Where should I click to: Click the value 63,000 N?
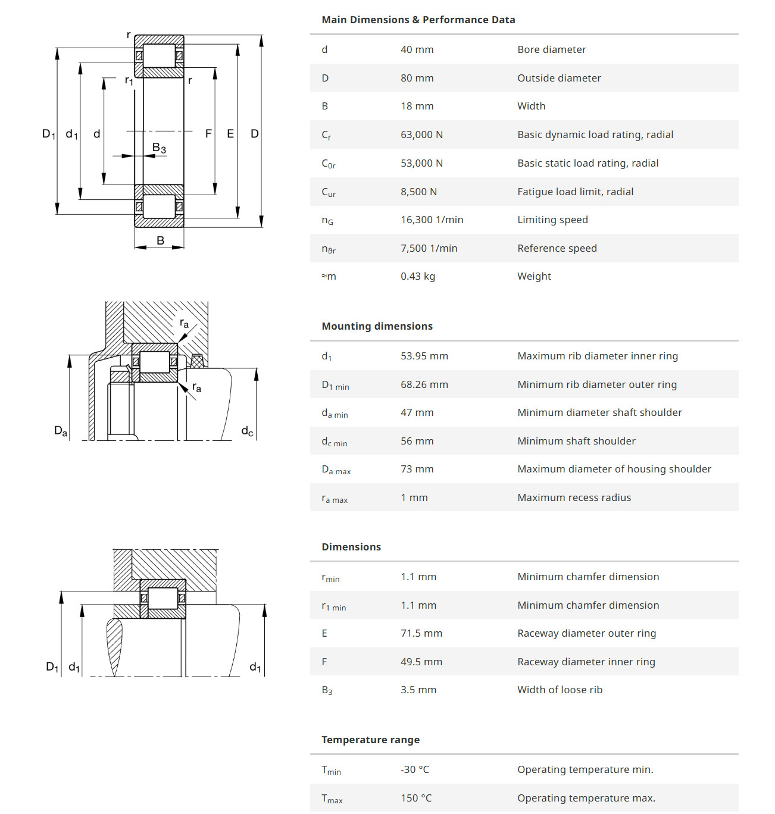[x=421, y=134]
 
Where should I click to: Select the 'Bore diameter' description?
[x=551, y=49]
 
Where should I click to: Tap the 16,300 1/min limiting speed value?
[x=432, y=220]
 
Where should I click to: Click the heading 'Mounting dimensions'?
[x=377, y=326]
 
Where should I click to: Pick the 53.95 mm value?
[x=424, y=356]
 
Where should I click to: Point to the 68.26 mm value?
[x=424, y=384]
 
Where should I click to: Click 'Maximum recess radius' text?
[x=574, y=497]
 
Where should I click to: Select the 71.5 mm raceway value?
[x=421, y=633]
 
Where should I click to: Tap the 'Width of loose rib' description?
[x=560, y=690]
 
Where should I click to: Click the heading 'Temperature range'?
[x=370, y=740]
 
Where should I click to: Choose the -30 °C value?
[x=414, y=769]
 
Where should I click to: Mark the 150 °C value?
[x=415, y=798]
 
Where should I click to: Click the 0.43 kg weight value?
[x=417, y=276]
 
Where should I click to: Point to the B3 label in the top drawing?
[x=159, y=148]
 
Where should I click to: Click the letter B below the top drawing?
[x=160, y=240]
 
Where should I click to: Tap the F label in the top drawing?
[x=208, y=134]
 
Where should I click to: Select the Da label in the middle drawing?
[x=61, y=431]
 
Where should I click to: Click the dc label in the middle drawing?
[x=247, y=431]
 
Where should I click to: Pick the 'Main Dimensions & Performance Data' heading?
[x=418, y=20]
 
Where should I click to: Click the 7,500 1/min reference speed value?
[x=429, y=248]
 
